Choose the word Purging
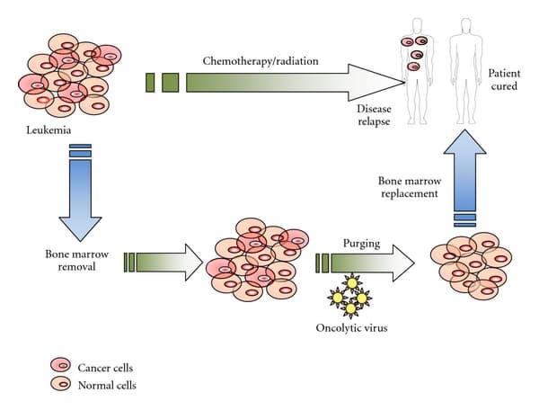(361, 243)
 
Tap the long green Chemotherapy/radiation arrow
(269, 83)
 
